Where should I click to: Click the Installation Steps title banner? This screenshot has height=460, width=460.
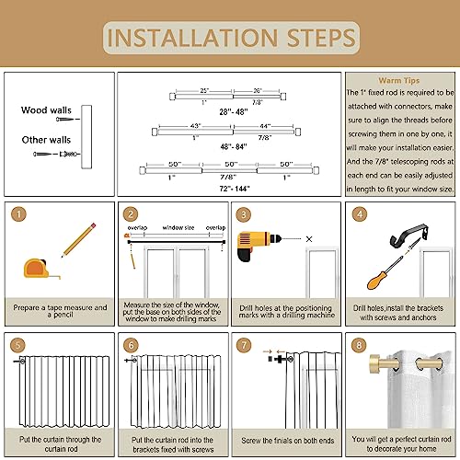(230, 39)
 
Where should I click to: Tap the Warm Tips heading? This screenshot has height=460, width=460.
(400, 80)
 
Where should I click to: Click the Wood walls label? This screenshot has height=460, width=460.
(46, 110)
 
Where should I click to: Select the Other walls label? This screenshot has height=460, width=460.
(46, 140)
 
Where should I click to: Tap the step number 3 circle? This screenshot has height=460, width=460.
(245, 214)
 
